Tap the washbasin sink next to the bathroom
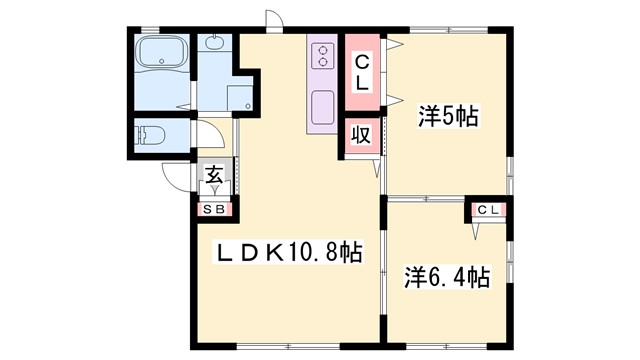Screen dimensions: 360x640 coord(215,44)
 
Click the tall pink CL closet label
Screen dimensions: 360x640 coord(363,74)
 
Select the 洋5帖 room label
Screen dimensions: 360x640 coord(446,118)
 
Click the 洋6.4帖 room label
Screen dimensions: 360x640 coord(447,276)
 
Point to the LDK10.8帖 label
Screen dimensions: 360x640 coord(289,254)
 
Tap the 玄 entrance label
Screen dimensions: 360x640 coord(215,176)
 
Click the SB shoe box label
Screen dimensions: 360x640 coord(216,210)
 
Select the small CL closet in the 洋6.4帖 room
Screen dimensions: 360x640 coord(487,210)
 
